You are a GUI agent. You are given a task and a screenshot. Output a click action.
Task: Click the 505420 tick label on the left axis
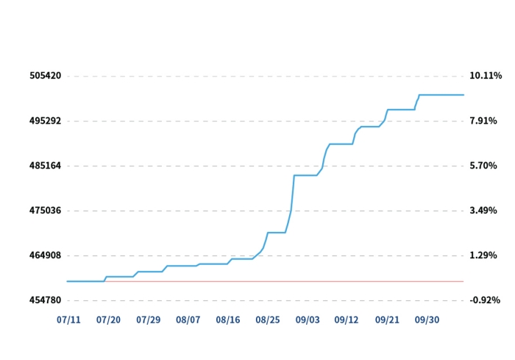click(x=46, y=76)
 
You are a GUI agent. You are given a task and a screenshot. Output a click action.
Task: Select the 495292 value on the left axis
click(x=46, y=121)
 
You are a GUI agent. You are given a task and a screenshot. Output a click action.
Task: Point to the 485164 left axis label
click(x=46, y=166)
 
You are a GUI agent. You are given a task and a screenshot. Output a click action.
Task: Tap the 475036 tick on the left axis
click(x=46, y=211)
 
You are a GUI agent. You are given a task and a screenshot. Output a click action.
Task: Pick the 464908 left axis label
click(x=46, y=255)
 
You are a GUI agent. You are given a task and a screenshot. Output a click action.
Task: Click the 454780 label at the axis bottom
click(x=46, y=300)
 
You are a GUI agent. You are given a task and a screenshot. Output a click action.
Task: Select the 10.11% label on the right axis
click(x=486, y=76)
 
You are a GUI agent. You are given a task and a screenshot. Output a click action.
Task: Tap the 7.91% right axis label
click(x=483, y=121)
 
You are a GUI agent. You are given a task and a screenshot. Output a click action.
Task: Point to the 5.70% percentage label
click(x=483, y=166)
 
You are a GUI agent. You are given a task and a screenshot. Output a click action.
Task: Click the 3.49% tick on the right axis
click(x=483, y=211)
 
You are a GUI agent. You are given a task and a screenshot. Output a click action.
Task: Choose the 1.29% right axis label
click(x=483, y=255)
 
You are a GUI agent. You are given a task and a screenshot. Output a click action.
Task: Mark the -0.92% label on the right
click(x=485, y=300)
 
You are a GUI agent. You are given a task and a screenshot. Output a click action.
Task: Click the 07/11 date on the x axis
click(x=69, y=320)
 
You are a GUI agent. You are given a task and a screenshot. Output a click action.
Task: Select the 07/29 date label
click(x=149, y=320)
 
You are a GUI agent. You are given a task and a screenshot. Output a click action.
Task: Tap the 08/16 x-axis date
click(x=228, y=320)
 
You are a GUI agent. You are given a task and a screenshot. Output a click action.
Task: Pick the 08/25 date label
click(x=268, y=320)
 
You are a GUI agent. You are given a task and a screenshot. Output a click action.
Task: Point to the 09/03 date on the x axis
click(x=308, y=320)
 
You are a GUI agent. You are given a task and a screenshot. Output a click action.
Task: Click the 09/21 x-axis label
click(x=387, y=320)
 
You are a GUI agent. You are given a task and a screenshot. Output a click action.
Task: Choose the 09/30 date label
click(x=427, y=320)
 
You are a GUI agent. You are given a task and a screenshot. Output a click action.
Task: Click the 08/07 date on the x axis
click(x=188, y=320)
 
